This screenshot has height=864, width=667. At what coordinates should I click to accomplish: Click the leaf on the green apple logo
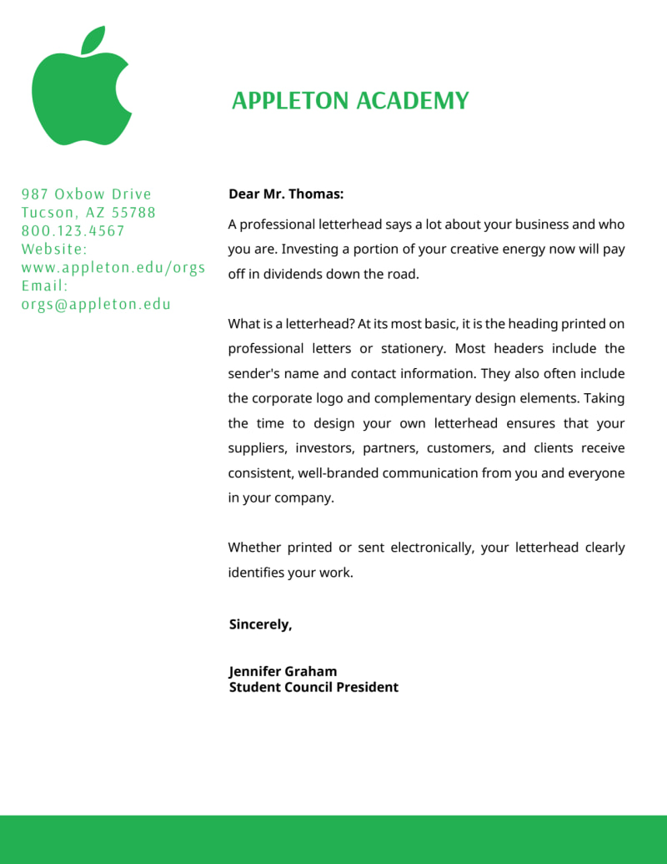point(93,41)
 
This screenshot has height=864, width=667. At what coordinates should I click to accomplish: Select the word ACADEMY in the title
point(413,101)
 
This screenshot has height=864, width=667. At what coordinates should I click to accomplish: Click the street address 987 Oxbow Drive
point(87,195)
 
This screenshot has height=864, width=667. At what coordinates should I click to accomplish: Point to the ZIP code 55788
point(134,213)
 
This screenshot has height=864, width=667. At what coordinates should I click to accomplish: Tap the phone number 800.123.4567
point(73,231)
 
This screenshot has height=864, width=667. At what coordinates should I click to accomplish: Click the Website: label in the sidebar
point(54,250)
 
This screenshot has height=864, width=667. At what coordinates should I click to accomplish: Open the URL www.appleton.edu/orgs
point(113,268)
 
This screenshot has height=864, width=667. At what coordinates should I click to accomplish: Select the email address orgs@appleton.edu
point(96,305)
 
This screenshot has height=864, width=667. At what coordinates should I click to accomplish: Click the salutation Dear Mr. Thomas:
point(286,195)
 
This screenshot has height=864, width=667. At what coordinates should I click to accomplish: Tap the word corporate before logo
point(283,398)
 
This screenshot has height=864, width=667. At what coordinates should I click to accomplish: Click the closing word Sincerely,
point(260,624)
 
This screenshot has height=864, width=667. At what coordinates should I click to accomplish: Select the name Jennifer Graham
point(283,671)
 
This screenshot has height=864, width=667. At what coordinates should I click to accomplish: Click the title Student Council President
point(313,688)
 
